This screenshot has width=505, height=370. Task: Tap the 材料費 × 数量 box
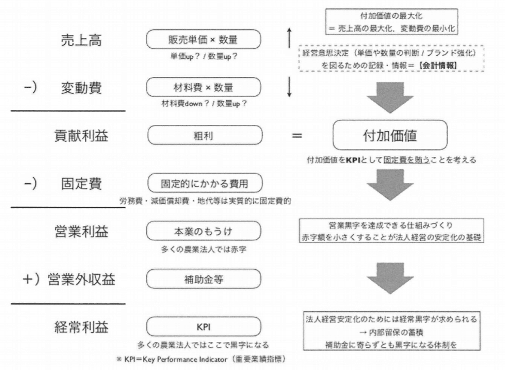pos(204,87)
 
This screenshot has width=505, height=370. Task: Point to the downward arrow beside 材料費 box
pos(290,87)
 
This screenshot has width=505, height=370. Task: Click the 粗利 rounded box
pos(204,134)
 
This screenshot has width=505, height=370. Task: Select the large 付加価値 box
pos(390,135)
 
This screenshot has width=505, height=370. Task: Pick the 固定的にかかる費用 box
pos(204,184)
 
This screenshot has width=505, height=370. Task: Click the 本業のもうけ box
pos(204,231)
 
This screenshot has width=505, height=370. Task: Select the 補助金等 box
pos(204,278)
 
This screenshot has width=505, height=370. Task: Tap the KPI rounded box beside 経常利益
pos(204,326)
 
